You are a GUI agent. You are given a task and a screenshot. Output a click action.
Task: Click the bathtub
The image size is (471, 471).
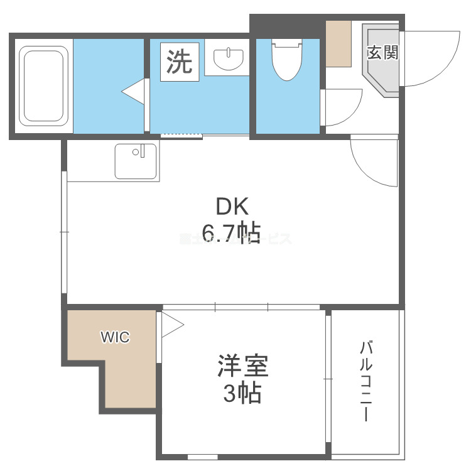(x=43, y=86)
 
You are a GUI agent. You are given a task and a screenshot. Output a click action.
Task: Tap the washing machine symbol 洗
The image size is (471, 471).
(x=180, y=61)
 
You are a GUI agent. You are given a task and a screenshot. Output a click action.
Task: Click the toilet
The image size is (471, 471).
(x=286, y=59)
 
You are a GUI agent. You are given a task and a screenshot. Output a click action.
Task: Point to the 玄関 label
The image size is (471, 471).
(x=382, y=53)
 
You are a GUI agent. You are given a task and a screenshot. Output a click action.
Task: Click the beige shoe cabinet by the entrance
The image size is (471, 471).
(x=338, y=43)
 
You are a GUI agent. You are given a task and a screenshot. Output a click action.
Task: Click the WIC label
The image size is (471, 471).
(x=116, y=337)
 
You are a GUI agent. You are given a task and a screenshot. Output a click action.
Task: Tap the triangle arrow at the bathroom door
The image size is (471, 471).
(x=134, y=92)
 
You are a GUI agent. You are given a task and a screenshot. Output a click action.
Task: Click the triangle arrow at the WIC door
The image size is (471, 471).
(x=171, y=326)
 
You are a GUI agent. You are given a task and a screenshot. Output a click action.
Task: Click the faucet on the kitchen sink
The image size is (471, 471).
(x=143, y=151)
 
